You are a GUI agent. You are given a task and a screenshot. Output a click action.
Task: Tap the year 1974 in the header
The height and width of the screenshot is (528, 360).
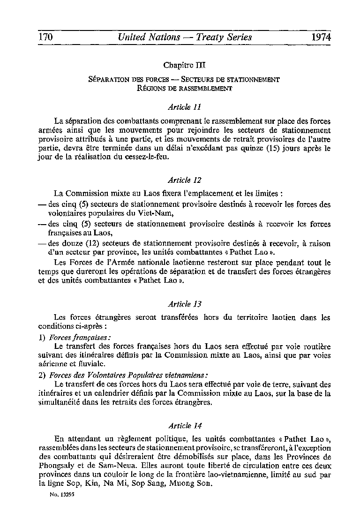coord(320,37)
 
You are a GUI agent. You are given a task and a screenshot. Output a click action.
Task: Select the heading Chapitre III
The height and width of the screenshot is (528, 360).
coord(183,64)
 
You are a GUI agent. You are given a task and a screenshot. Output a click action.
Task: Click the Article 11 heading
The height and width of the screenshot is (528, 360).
coord(180,106)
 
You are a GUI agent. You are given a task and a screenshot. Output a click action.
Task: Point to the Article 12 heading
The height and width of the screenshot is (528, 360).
coord(180,180)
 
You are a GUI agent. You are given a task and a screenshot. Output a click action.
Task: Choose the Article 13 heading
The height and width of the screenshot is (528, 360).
coord(180,304)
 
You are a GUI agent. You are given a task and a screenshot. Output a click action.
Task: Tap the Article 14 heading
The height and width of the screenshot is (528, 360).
coord(180,426)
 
